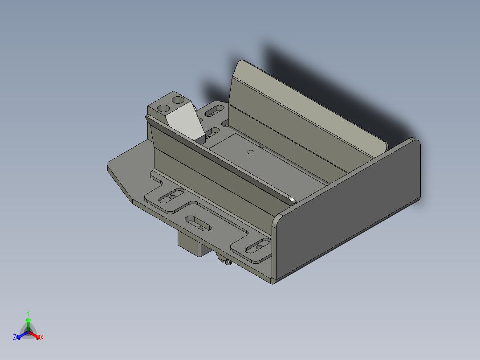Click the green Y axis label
click(28, 313)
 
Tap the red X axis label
click(42, 338)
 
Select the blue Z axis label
click(15, 338)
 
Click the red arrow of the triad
click(36, 335)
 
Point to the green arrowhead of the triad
click(28, 320)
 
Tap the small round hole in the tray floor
click(251, 152)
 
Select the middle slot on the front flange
click(198, 223)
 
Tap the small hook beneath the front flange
click(228, 263)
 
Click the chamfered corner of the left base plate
click(120, 185)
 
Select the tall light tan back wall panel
click(307, 107)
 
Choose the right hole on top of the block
click(179, 100)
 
